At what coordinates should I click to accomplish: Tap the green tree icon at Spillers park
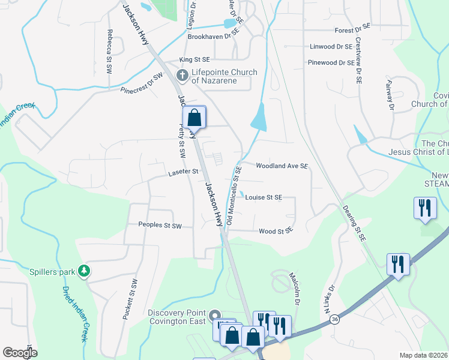pyautogui.click(x=85, y=272)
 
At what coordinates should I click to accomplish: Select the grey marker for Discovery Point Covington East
pyautogui.click(x=215, y=315)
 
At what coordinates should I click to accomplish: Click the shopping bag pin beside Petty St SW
pyautogui.click(x=194, y=118)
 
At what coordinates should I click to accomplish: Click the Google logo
pyautogui.click(x=20, y=353)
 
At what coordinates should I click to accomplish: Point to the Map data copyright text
pyautogui.click(x=423, y=355)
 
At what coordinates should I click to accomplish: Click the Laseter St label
pyautogui.click(x=182, y=172)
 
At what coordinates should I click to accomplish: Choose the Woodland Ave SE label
pyautogui.click(x=282, y=166)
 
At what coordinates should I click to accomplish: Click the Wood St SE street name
pyautogui.click(x=276, y=231)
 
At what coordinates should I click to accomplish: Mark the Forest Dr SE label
pyautogui.click(x=353, y=29)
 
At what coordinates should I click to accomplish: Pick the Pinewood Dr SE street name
pyautogui.click(x=330, y=62)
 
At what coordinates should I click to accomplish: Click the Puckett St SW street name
pyautogui.click(x=130, y=302)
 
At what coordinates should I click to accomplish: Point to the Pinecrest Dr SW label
pyautogui.click(x=142, y=84)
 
